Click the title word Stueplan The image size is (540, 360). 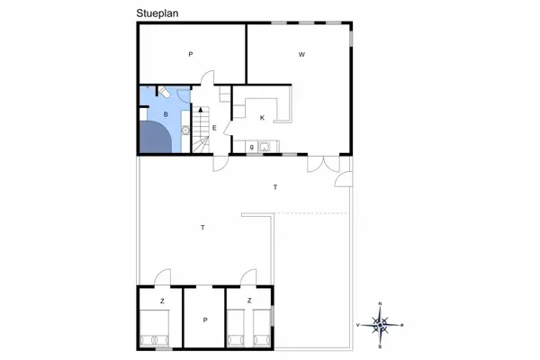[x=157, y=13]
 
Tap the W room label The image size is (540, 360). [x=301, y=54]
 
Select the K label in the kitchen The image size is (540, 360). [x=262, y=118]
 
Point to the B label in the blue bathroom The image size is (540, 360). [x=166, y=114]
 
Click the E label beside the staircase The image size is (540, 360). [x=214, y=128]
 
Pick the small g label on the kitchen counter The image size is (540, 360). [x=252, y=147]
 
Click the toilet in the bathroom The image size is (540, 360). [x=164, y=92]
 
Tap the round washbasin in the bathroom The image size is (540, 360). [x=185, y=130]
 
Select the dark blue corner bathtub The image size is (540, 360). [x=156, y=137]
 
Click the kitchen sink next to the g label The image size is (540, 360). [x=265, y=147]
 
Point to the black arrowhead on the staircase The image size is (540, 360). [x=201, y=110]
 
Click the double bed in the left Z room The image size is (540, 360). [x=154, y=328]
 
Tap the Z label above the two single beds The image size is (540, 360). [x=249, y=301]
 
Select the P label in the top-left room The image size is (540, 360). [x=191, y=54]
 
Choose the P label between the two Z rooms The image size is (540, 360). [x=205, y=320]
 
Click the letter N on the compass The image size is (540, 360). [x=380, y=303]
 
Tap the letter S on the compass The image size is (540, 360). [x=380, y=346]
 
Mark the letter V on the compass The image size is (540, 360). [x=358, y=325]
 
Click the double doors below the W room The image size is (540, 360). [x=323, y=164]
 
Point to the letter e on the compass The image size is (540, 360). [x=402, y=325]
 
